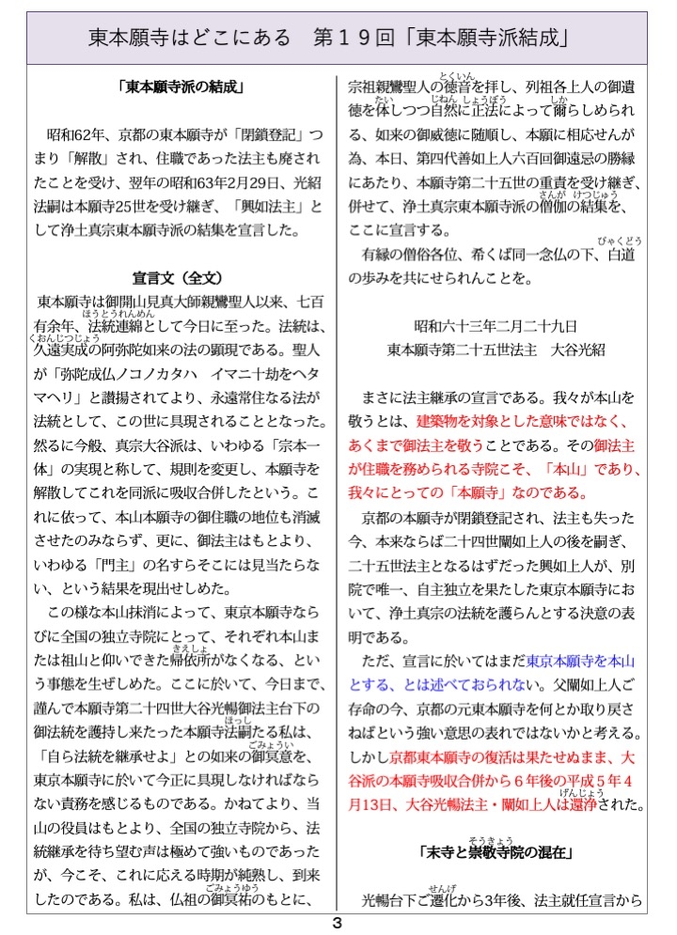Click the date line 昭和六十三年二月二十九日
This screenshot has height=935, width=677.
pos(496,325)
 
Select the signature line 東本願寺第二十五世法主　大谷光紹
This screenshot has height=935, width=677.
pos(496,349)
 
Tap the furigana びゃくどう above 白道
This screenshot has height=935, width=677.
pos(622,241)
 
